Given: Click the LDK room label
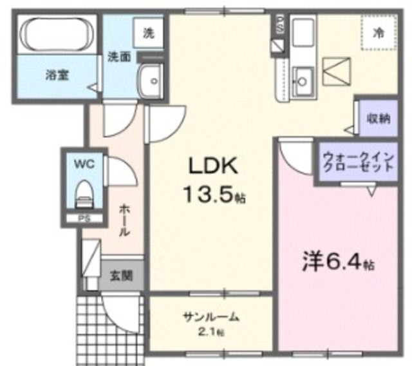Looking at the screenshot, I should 213,167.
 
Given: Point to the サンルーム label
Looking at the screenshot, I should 211,317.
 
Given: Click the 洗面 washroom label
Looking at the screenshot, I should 119,57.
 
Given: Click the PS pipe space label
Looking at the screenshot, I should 84,218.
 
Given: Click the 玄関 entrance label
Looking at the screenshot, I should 121,276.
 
